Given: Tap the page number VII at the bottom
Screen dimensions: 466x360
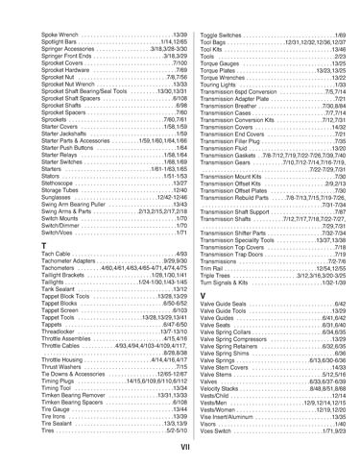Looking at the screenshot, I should click(x=180, y=448).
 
